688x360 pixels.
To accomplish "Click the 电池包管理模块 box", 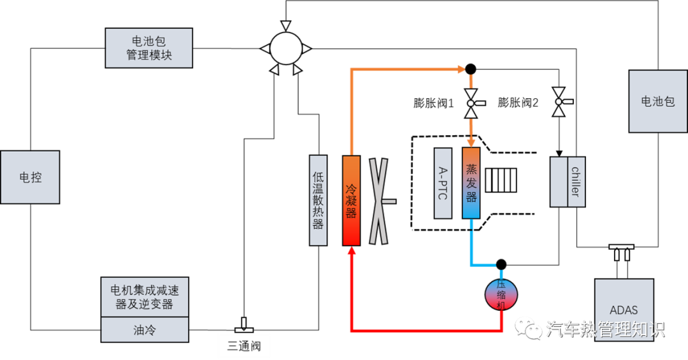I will pyautogui.click(x=148, y=48).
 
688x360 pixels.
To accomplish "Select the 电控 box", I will pyautogui.click(x=30, y=177).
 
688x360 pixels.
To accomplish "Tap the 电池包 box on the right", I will pyautogui.click(x=658, y=101).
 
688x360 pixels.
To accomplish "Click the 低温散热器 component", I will pyautogui.click(x=318, y=200).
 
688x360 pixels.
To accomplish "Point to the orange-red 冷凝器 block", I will pyautogui.click(x=351, y=200).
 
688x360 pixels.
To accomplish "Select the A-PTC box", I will pyautogui.click(x=443, y=184).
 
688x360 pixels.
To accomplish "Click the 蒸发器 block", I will pyautogui.click(x=471, y=183).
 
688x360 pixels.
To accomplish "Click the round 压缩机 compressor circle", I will pyautogui.click(x=501, y=295).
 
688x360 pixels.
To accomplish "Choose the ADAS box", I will pyautogui.click(x=624, y=310).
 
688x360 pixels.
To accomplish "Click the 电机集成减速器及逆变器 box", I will pyautogui.click(x=145, y=297).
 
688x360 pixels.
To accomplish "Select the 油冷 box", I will pyautogui.click(x=145, y=330).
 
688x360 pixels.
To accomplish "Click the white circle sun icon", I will pyautogui.click(x=285, y=48).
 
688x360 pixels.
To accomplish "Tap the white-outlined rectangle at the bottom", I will pyautogui.click(x=244, y=346).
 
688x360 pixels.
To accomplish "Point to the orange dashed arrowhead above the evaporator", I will pyautogui.click(x=471, y=142).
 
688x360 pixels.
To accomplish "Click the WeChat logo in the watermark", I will pyautogui.click(x=528, y=328).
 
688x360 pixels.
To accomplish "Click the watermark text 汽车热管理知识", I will pyautogui.click(x=605, y=329).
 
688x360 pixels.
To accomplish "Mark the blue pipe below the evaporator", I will pyautogui.click(x=472, y=248).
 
